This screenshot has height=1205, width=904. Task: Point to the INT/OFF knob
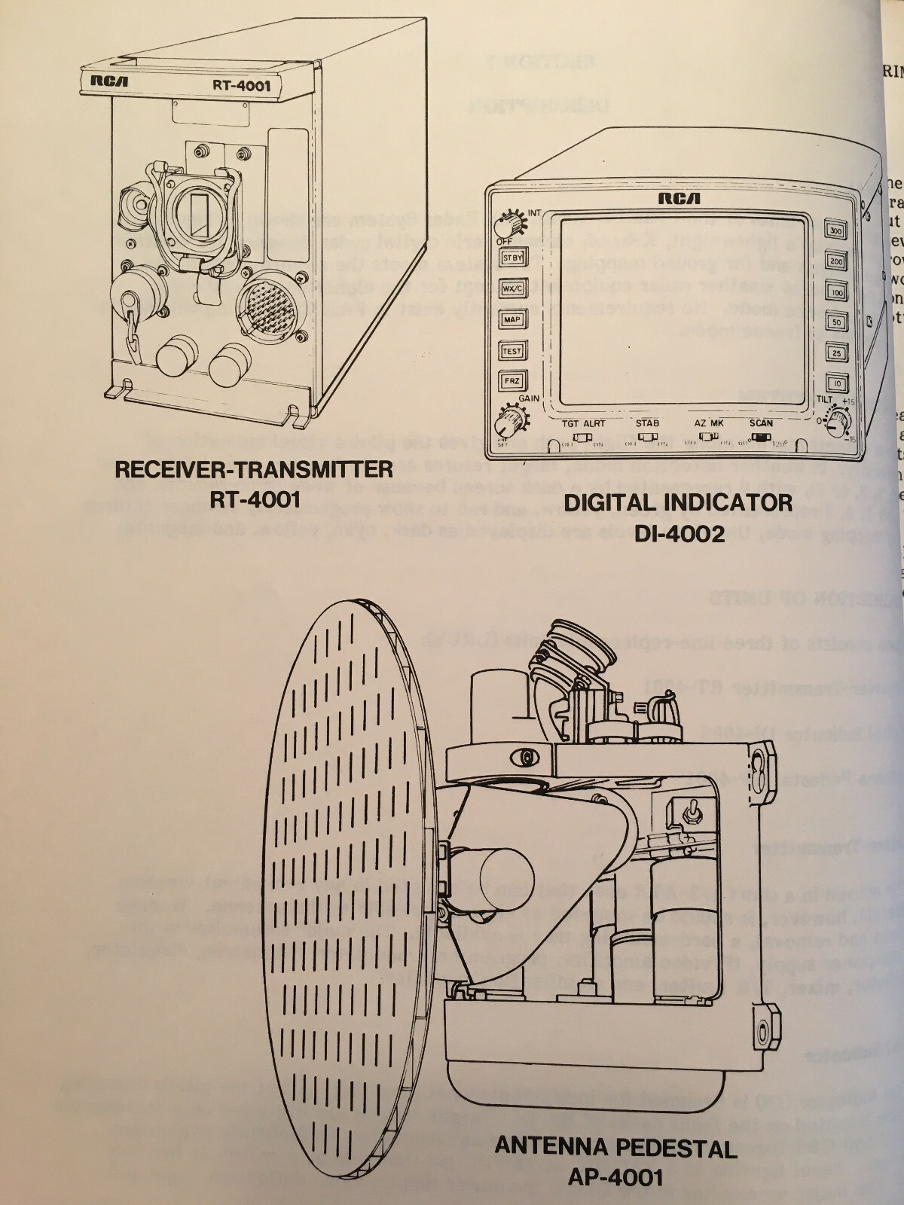tap(506, 224)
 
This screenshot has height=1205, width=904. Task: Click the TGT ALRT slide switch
tap(582, 437)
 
